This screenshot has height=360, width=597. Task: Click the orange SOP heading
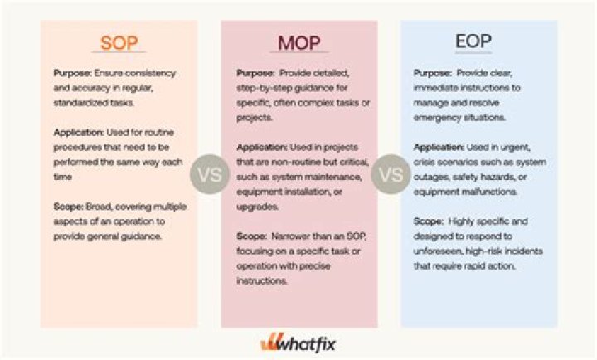pos(119,42)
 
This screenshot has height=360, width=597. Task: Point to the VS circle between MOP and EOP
pos(389,176)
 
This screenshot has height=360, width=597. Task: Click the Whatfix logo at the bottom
pos(299,342)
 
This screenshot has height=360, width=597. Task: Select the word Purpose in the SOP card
pos(70,73)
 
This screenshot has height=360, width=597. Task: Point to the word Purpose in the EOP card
pos(431,73)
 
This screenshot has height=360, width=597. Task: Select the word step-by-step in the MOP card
pos(266,86)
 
